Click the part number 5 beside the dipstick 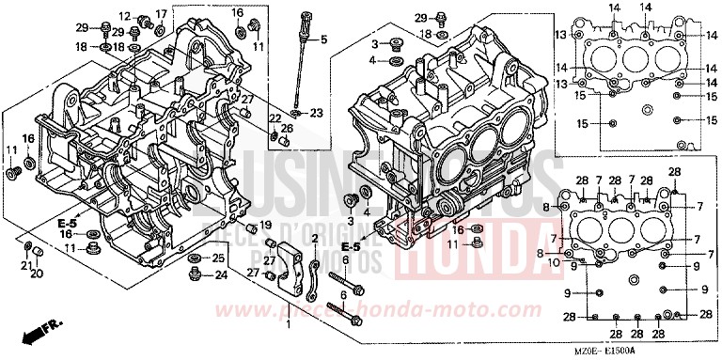coord(323,39)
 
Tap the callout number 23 coord(315,114)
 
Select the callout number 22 coord(275,117)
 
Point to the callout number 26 coord(287,128)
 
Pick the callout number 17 coord(161,13)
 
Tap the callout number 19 coord(266,225)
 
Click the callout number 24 coord(221,275)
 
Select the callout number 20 coord(36,274)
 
